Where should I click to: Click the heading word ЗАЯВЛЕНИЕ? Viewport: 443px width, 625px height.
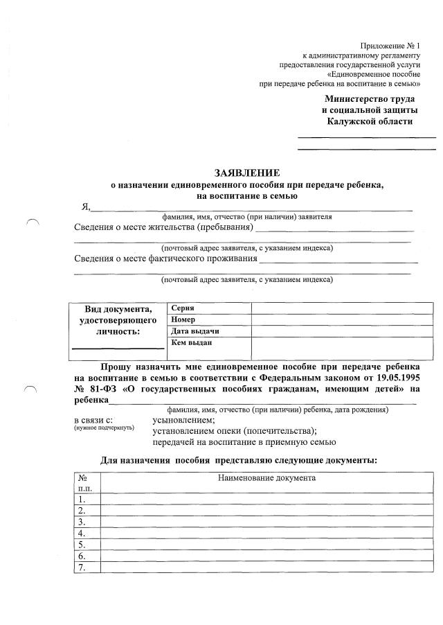(247, 173)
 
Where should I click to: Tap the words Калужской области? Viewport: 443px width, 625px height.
(370, 122)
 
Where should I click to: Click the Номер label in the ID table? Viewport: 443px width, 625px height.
(183, 319)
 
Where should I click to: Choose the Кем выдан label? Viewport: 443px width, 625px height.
(191, 342)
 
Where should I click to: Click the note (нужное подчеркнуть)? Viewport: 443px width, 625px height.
(104, 428)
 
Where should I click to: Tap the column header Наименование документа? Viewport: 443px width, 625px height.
(266, 478)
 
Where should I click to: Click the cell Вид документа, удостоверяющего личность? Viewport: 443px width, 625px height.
(118, 319)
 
